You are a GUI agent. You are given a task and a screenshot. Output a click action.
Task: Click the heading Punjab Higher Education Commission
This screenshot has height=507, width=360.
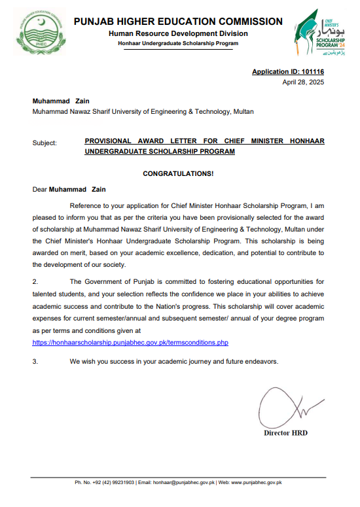178,22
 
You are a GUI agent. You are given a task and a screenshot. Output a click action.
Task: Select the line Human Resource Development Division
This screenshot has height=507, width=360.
178,33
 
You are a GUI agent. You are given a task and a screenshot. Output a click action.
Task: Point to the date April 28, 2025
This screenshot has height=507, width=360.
303,82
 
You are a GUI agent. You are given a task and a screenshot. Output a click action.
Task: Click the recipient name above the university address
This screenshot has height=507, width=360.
60,101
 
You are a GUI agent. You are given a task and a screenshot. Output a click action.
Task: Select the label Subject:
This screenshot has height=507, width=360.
45,141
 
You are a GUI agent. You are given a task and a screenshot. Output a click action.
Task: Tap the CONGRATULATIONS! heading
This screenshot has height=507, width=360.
178,173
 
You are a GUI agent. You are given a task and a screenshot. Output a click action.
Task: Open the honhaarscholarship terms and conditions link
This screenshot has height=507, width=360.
130,342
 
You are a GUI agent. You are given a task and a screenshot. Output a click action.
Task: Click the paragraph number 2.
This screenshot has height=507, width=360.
35,281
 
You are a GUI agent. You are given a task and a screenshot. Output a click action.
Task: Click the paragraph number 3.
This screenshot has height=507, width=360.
35,361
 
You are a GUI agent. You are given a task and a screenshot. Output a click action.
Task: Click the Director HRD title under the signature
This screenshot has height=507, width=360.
285,433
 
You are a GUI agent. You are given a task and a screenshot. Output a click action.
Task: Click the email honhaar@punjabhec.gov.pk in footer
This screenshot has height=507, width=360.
184,483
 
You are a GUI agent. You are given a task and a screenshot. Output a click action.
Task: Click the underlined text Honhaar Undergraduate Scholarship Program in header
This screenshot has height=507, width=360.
178,43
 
